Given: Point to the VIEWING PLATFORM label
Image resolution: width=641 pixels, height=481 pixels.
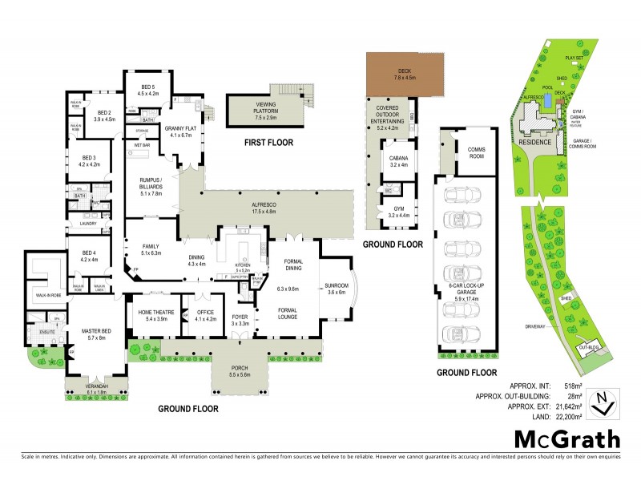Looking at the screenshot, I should pos(265,108).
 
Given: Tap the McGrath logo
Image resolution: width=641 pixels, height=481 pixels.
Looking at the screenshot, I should pos(566,439).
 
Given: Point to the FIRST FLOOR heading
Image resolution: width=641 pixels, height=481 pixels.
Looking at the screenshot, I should pos(268,143).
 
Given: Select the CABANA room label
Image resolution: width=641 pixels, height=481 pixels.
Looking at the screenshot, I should pos(398,160).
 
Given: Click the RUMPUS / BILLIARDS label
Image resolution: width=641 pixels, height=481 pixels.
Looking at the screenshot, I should pos(151,188).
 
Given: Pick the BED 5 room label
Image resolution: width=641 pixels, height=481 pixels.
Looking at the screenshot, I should pos(150,89).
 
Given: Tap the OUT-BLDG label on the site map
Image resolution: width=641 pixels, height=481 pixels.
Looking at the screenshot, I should pos(588,346).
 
